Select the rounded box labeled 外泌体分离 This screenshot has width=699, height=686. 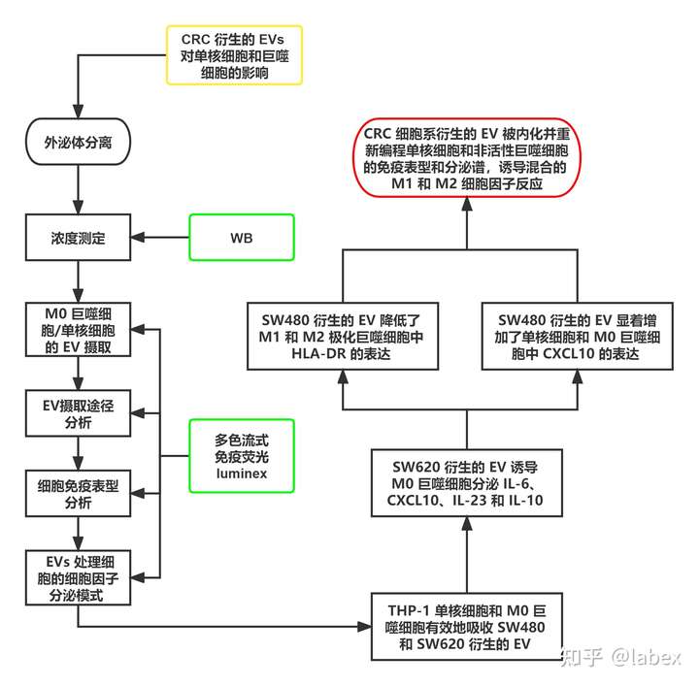[77, 142]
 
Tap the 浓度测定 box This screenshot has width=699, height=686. [77, 236]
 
